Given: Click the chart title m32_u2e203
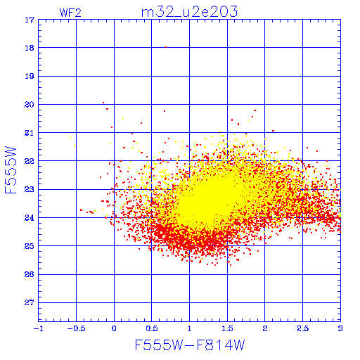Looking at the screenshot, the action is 189,12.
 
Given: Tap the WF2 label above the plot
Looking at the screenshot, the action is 70,13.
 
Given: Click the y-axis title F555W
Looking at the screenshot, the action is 11,170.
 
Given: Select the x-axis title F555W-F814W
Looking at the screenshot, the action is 190,345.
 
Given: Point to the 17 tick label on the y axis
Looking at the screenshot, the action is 30,20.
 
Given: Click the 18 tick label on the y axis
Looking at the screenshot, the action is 30,48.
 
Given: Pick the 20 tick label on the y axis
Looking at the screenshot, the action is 30,105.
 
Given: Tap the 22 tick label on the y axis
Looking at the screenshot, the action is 30,161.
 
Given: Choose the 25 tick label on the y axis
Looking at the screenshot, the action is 30,246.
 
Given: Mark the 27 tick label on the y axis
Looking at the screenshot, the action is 30,303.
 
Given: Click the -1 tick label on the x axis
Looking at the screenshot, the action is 38,328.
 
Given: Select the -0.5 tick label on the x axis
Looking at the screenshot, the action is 76,328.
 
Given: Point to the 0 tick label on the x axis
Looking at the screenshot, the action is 114,328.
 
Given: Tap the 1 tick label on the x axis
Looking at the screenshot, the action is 190,328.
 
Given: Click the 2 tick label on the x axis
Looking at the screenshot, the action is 265,328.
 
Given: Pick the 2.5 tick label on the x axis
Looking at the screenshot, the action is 303,328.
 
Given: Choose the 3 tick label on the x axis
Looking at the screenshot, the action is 340,328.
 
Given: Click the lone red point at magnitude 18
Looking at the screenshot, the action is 166,47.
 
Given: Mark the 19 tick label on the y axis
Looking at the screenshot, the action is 30,76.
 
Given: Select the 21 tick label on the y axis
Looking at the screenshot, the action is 30,133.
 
